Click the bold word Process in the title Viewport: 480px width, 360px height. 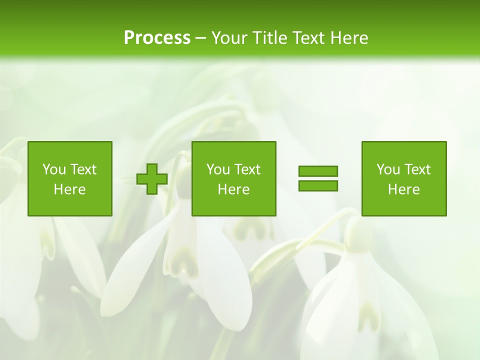pos(157,37)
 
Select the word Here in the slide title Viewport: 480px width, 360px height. pos(348,37)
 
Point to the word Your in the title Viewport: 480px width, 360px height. pos(228,37)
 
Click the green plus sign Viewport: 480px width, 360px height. pos(152,179)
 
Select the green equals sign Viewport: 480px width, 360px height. pos(318,178)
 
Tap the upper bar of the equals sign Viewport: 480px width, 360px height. pos(318,171)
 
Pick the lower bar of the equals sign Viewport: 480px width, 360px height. pos(318,185)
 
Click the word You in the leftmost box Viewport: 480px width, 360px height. pos(53,169)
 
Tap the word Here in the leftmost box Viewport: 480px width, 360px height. pos(69,189)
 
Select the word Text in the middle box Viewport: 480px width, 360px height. pos(247,169)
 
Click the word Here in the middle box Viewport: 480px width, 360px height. pos(233,189)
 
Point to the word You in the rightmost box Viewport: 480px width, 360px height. pos(387,169)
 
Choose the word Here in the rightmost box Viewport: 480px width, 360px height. pos(403,189)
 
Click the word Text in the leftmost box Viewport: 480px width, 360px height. pos(83,169)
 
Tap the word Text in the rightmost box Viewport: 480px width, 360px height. pos(417,169)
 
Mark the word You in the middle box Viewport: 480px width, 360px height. pos(217,169)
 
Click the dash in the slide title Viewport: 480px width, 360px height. pos(200,38)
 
